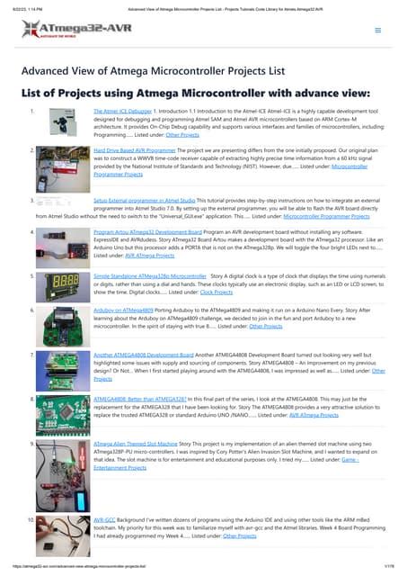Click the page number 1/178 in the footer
[388, 565]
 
